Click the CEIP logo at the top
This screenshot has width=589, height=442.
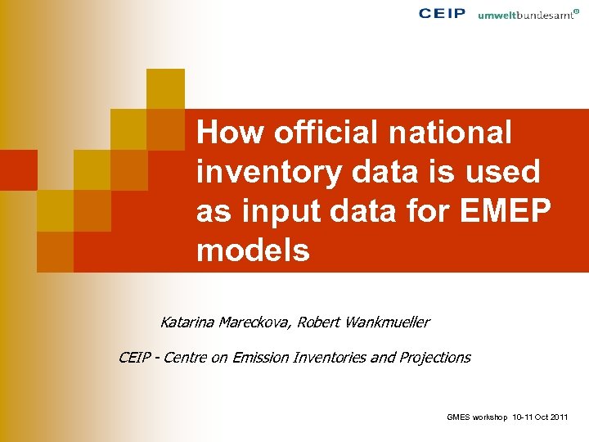coord(442,13)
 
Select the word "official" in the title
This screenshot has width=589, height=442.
coord(321,132)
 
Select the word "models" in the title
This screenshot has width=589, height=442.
coord(253,250)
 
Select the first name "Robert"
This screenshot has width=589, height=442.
coord(320,322)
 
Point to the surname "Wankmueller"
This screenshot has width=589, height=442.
coord(388,322)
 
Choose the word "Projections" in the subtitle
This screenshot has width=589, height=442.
coord(435,357)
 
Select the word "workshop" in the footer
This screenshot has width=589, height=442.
coord(488,418)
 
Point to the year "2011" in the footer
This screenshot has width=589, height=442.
coord(560,418)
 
